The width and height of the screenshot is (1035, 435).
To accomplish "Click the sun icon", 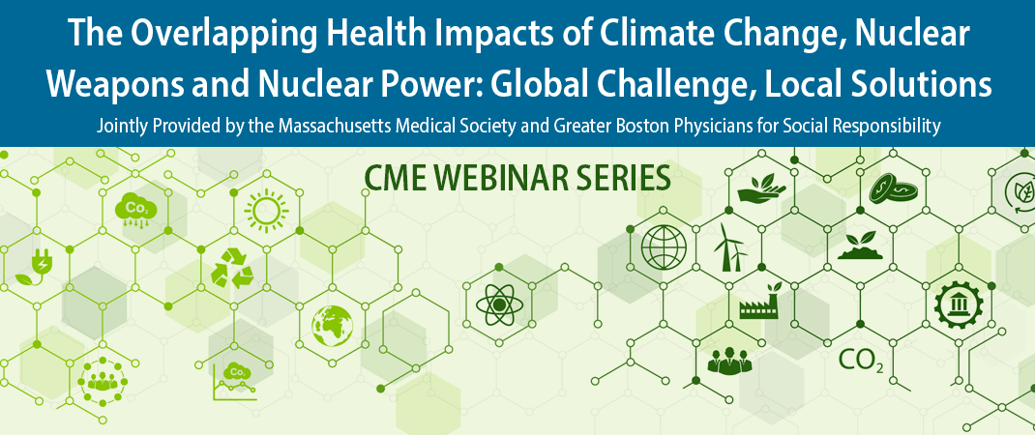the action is coord(266,211).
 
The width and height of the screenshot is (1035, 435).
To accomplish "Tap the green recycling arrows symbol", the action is coord(232,269).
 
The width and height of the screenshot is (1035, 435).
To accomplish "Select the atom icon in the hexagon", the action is coord(499,304).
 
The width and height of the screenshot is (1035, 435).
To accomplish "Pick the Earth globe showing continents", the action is coord(333,326).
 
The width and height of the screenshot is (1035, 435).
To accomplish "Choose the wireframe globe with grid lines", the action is coord(664,246).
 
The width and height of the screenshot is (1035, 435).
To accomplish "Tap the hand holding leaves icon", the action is coord(761,188).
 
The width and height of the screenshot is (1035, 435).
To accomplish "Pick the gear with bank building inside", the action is coord(959,304).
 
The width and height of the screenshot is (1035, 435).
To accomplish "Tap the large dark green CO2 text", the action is coord(860,361).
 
